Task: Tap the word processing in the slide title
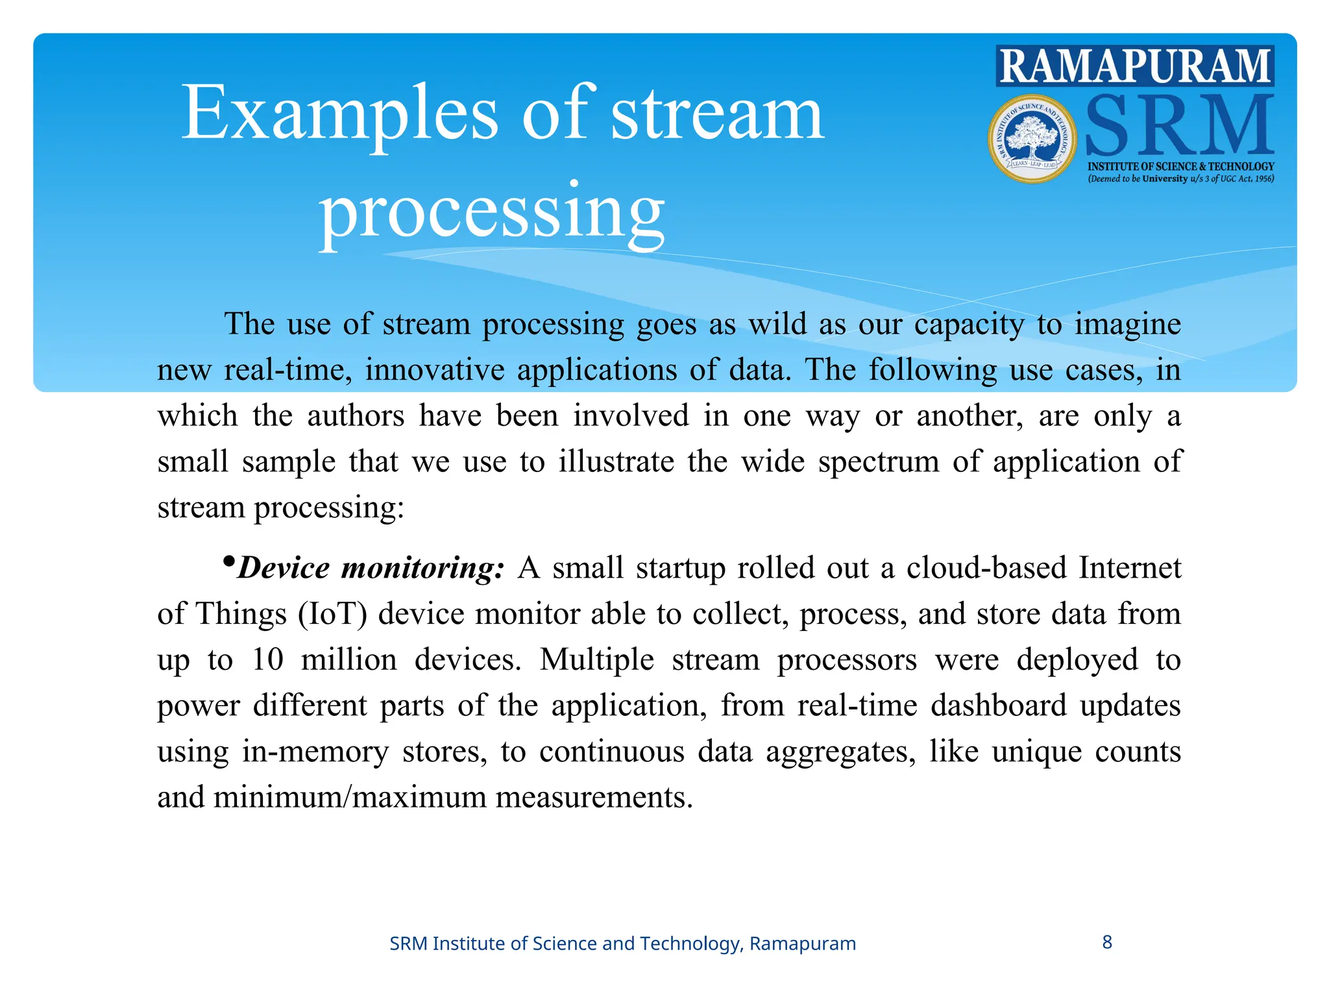[491, 211]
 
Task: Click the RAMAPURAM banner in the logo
[1134, 66]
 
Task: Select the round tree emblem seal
[1032, 139]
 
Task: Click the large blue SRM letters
[1178, 126]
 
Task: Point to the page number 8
[1107, 942]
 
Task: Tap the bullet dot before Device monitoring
[228, 561]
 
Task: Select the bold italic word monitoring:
[422, 568]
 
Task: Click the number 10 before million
[267, 659]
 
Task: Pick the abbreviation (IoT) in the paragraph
[333, 614]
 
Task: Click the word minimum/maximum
[350, 797]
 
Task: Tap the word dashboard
[999, 706]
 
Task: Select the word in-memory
[315, 752]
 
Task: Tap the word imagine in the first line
[1127, 324]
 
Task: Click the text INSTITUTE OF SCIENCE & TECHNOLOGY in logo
[1180, 167]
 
